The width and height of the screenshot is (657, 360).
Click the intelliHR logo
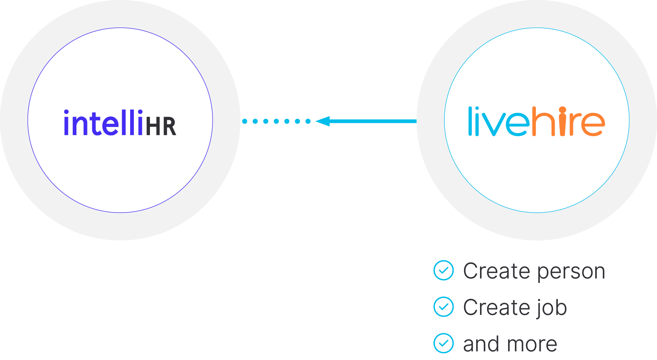tap(120, 123)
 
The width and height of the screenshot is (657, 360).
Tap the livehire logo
tap(536, 121)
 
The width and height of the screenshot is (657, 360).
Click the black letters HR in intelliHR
tap(161, 126)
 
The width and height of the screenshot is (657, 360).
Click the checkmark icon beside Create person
tap(443, 270)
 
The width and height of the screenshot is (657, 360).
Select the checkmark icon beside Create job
tap(443, 307)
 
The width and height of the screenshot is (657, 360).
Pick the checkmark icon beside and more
tap(443, 343)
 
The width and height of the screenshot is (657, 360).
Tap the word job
tap(551, 308)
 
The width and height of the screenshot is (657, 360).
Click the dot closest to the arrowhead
tap(308, 121)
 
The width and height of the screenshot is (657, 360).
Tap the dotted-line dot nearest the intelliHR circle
tap(245, 121)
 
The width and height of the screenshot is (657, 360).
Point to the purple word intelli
tap(103, 123)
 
